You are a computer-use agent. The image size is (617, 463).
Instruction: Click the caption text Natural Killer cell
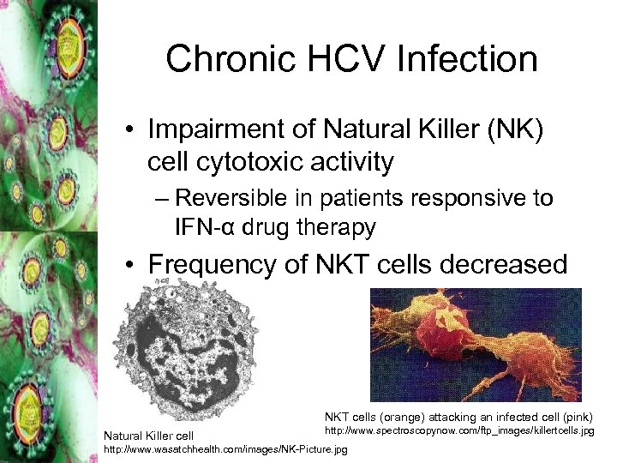(x=149, y=436)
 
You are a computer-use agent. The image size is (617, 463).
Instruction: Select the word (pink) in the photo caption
(x=577, y=414)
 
